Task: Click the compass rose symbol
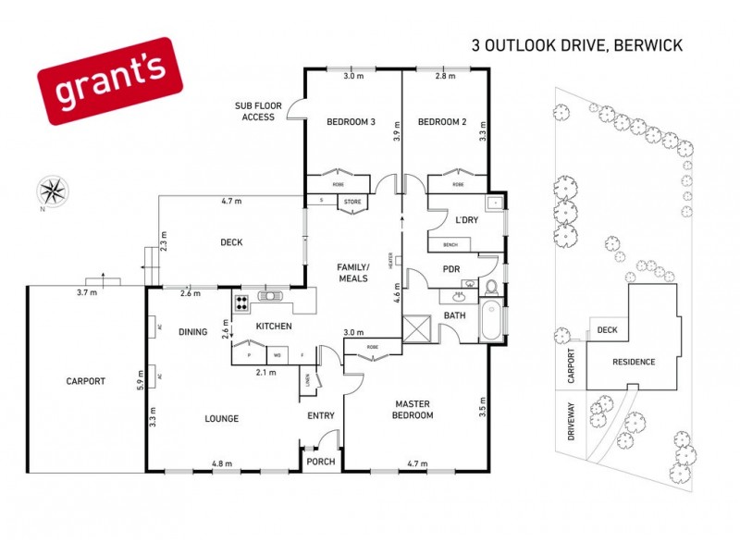coord(51,192)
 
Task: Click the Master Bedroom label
coord(413,410)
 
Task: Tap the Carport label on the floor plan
coord(86,380)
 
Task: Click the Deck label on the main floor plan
coord(231,242)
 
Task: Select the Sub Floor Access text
coord(259,112)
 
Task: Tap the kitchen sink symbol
coord(272,297)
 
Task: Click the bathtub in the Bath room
coord(491,321)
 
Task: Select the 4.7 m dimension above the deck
coord(231,201)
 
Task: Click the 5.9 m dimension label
coord(140,377)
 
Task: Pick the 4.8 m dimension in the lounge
coord(222,463)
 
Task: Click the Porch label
coord(321,462)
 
